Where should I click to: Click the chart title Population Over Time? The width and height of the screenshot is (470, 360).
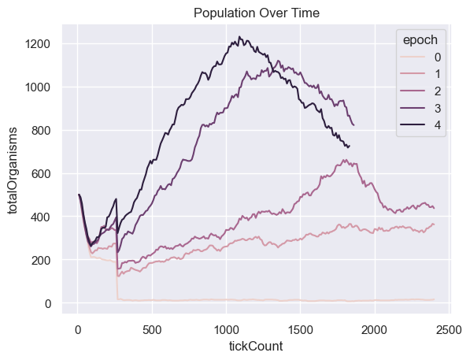click(x=257, y=13)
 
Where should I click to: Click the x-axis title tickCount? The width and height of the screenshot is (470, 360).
click(x=256, y=346)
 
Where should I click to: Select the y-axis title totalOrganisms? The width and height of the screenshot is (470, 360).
click(x=13, y=170)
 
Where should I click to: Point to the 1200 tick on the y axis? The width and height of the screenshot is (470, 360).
click(x=38, y=44)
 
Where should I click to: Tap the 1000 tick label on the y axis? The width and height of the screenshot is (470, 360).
click(x=38, y=87)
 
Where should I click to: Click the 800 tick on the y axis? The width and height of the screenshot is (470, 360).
click(x=41, y=131)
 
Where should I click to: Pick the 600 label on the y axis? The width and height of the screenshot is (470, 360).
click(x=41, y=174)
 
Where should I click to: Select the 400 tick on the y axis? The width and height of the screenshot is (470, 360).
click(x=41, y=217)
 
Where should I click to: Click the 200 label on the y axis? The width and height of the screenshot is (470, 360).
click(x=41, y=260)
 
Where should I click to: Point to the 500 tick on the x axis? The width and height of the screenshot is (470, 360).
click(x=152, y=330)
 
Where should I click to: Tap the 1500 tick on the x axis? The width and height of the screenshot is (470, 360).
click(x=301, y=330)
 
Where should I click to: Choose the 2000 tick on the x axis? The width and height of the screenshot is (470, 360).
click(x=375, y=330)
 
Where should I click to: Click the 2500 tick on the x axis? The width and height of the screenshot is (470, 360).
click(x=449, y=330)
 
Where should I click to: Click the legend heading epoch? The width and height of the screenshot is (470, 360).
click(x=420, y=40)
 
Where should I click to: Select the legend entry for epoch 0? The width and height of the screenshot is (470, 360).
click(x=421, y=58)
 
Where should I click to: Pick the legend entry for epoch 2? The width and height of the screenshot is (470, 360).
click(x=421, y=91)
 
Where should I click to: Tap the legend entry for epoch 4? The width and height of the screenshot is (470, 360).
click(x=421, y=125)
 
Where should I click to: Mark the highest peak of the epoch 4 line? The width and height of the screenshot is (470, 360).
click(x=239, y=36)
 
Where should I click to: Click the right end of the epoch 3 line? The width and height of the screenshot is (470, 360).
click(x=354, y=125)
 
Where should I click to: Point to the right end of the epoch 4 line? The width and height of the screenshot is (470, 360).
click(x=350, y=146)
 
